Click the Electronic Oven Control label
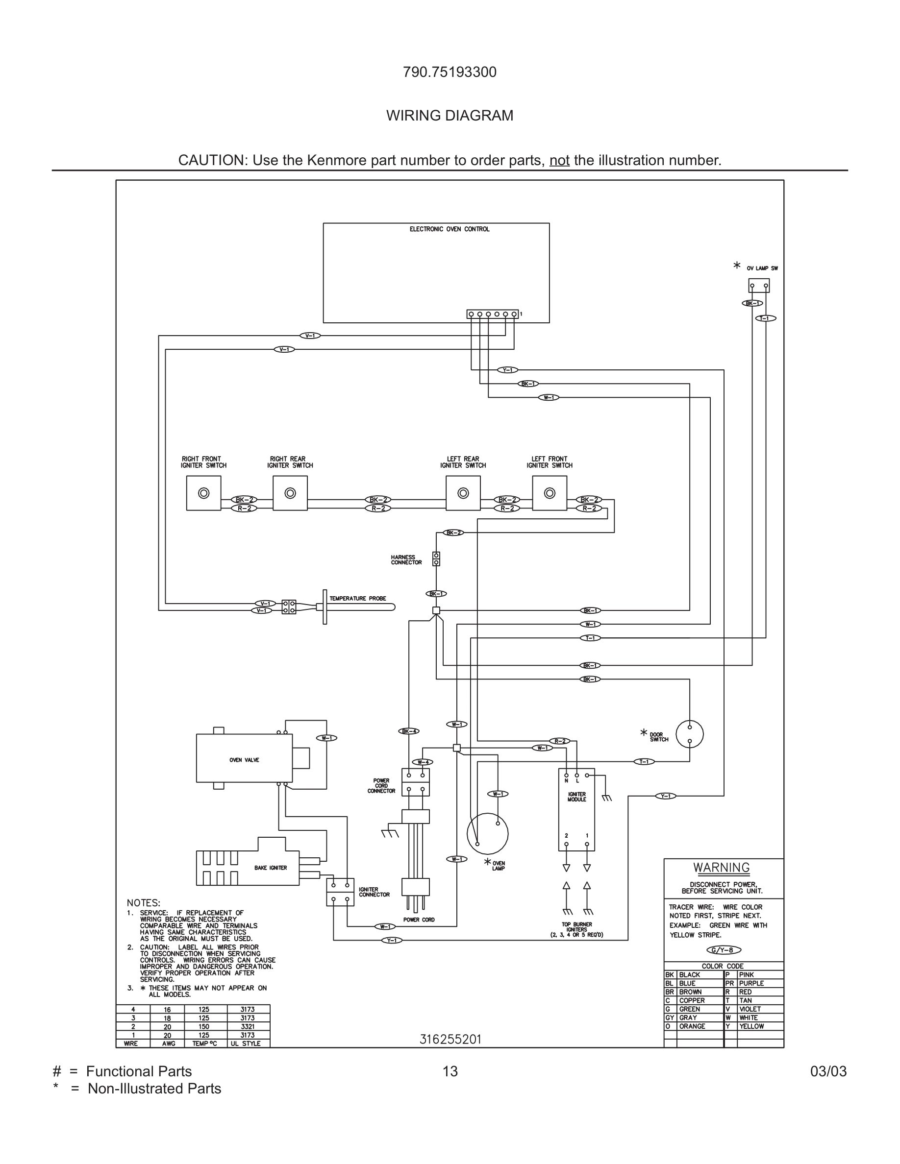(x=449, y=229)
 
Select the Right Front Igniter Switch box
(x=203, y=493)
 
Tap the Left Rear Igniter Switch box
(x=463, y=493)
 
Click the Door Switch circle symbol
(x=689, y=734)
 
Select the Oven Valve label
(x=244, y=760)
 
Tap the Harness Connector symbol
(x=436, y=558)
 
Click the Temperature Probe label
(x=357, y=599)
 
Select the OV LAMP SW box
(x=759, y=286)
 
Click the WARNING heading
(x=722, y=868)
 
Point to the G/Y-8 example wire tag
(x=723, y=950)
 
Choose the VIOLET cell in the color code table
(x=750, y=1009)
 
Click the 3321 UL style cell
(x=248, y=1026)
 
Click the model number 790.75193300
(x=450, y=72)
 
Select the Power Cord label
(x=419, y=920)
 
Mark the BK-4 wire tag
(x=408, y=731)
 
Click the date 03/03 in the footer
(x=828, y=1071)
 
